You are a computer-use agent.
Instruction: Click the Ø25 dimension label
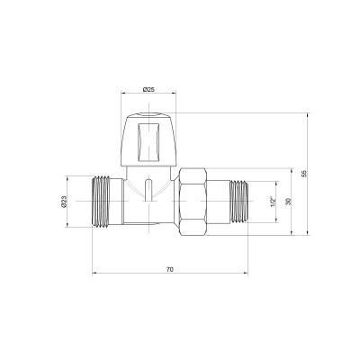(x=148, y=89)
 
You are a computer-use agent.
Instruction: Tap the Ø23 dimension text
(x=63, y=202)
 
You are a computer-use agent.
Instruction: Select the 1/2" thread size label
(x=273, y=202)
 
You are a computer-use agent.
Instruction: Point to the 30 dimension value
(x=288, y=202)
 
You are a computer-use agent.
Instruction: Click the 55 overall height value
(x=304, y=174)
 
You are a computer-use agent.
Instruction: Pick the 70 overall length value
(x=170, y=269)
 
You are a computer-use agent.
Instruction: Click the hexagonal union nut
(x=193, y=202)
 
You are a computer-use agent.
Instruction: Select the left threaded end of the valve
(x=100, y=201)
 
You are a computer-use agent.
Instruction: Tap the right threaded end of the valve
(x=238, y=202)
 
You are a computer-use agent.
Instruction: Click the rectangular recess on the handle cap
(x=148, y=140)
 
